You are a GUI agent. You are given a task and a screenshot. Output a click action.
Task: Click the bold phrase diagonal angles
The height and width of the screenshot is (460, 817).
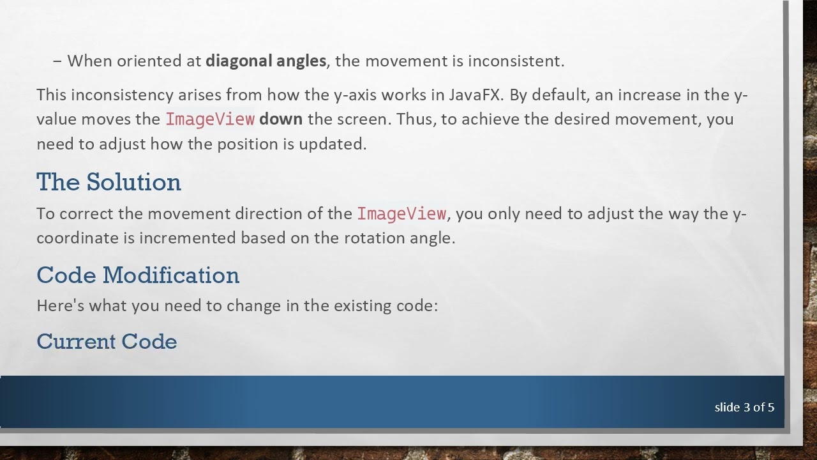coord(266,61)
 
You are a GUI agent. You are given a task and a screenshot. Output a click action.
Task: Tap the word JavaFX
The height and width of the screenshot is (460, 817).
coord(475,95)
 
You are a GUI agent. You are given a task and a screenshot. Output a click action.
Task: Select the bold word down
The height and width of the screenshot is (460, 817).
coord(281,119)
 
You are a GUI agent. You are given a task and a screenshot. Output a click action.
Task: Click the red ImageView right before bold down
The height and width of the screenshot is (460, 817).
coord(210,119)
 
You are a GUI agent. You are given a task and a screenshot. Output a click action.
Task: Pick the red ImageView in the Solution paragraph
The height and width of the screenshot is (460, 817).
coord(401,213)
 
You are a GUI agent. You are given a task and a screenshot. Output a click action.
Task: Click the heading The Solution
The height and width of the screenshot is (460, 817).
coord(109,183)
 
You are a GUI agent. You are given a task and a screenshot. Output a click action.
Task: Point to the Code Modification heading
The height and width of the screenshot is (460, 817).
coord(138,275)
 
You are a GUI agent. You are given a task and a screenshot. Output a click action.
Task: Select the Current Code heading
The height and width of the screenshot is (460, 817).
coord(107,342)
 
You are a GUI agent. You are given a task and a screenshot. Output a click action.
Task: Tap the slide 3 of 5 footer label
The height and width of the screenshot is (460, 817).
coord(744,408)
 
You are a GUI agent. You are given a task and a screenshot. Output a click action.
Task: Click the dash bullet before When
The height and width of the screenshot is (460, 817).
coord(57,61)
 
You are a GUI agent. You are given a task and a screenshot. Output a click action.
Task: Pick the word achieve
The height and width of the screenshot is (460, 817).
coord(492,119)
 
